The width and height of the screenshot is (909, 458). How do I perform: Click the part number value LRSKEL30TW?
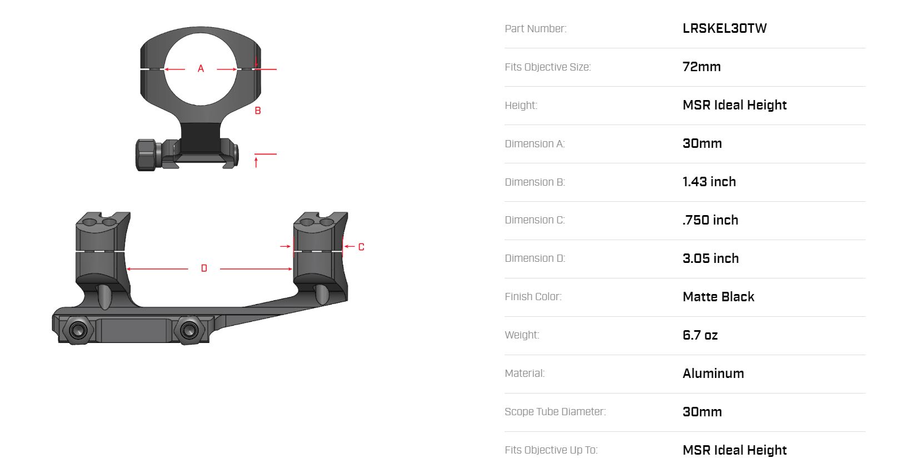(x=725, y=28)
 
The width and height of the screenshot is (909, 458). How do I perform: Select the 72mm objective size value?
(x=702, y=67)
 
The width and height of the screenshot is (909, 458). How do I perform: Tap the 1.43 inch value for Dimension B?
(x=709, y=182)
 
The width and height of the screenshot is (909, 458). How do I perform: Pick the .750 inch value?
(x=710, y=220)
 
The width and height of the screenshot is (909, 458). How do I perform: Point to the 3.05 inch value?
(x=711, y=258)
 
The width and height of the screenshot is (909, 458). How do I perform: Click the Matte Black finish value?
(x=718, y=296)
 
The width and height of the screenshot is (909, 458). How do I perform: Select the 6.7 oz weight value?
(x=700, y=335)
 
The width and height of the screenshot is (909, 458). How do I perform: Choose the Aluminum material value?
(x=713, y=373)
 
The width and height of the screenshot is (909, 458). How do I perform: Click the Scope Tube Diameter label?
(x=555, y=412)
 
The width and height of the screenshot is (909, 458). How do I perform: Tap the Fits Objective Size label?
(x=547, y=67)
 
